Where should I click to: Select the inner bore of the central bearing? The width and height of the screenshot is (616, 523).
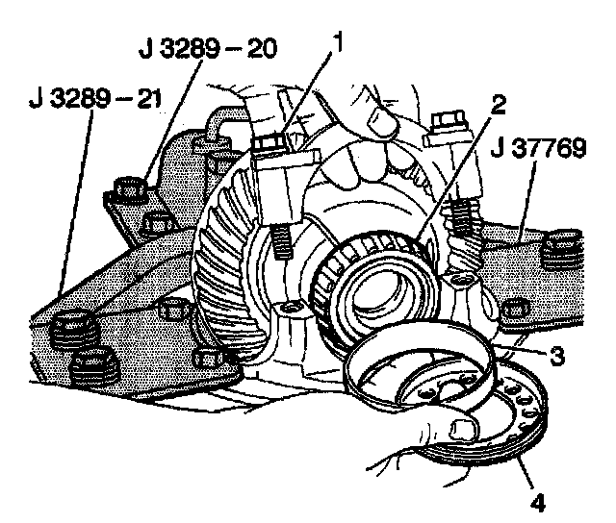coord(379,288)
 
